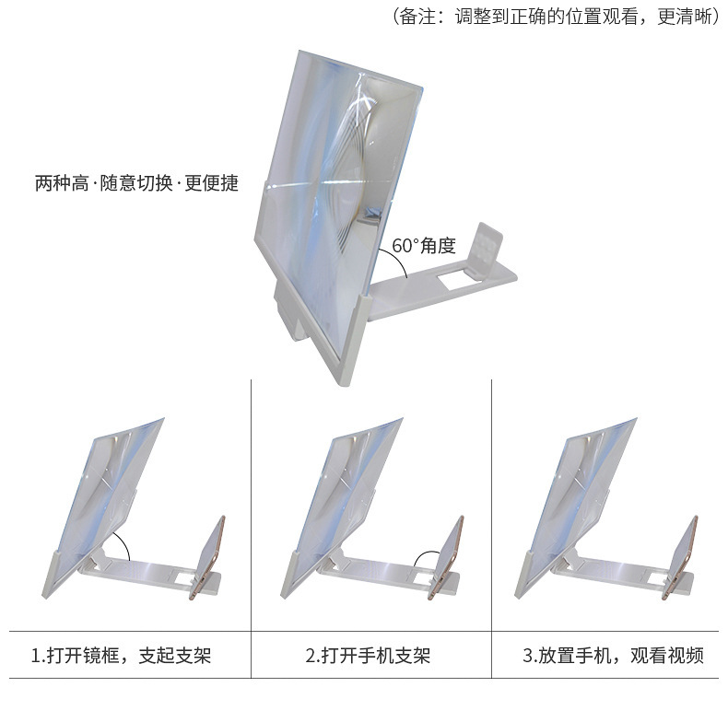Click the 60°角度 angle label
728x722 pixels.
(424, 246)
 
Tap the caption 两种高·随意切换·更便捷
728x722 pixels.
(136, 183)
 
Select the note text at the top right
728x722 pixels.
(556, 17)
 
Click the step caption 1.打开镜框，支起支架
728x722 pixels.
(121, 657)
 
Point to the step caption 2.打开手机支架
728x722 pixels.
(368, 657)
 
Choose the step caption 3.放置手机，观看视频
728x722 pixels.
(613, 657)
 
